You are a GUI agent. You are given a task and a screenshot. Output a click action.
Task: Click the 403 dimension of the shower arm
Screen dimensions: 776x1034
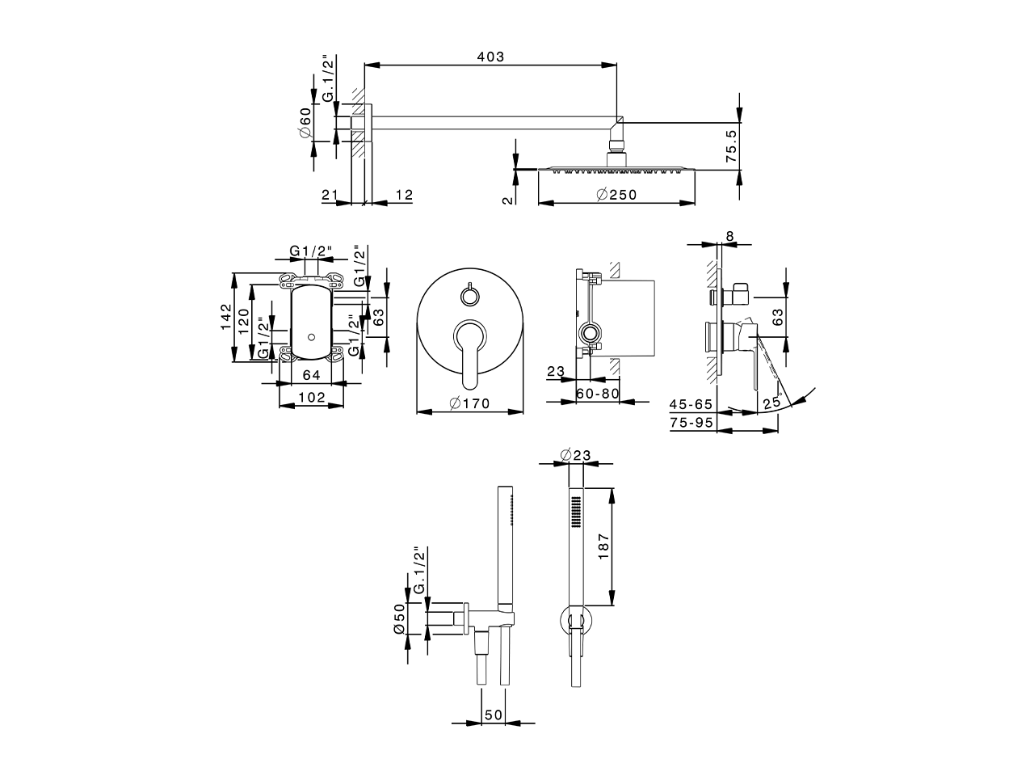click(x=490, y=57)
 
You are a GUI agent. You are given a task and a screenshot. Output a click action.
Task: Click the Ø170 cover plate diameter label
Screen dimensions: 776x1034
click(x=470, y=403)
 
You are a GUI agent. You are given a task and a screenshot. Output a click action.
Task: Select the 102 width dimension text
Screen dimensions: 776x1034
click(x=311, y=397)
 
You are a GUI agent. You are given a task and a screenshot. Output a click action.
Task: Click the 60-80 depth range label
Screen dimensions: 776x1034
click(x=598, y=394)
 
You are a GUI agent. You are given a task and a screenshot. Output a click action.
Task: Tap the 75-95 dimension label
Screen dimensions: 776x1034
click(x=691, y=422)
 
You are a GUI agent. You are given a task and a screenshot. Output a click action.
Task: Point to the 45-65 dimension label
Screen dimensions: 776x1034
click(x=691, y=403)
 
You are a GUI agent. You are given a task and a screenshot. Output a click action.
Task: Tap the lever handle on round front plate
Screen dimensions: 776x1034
click(x=470, y=352)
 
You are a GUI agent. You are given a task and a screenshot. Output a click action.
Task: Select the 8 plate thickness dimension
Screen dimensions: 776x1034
click(x=730, y=236)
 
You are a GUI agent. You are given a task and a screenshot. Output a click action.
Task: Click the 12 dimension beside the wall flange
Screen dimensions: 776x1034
click(x=403, y=195)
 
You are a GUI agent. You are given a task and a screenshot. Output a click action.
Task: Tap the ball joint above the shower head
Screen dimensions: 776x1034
click(x=616, y=148)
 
